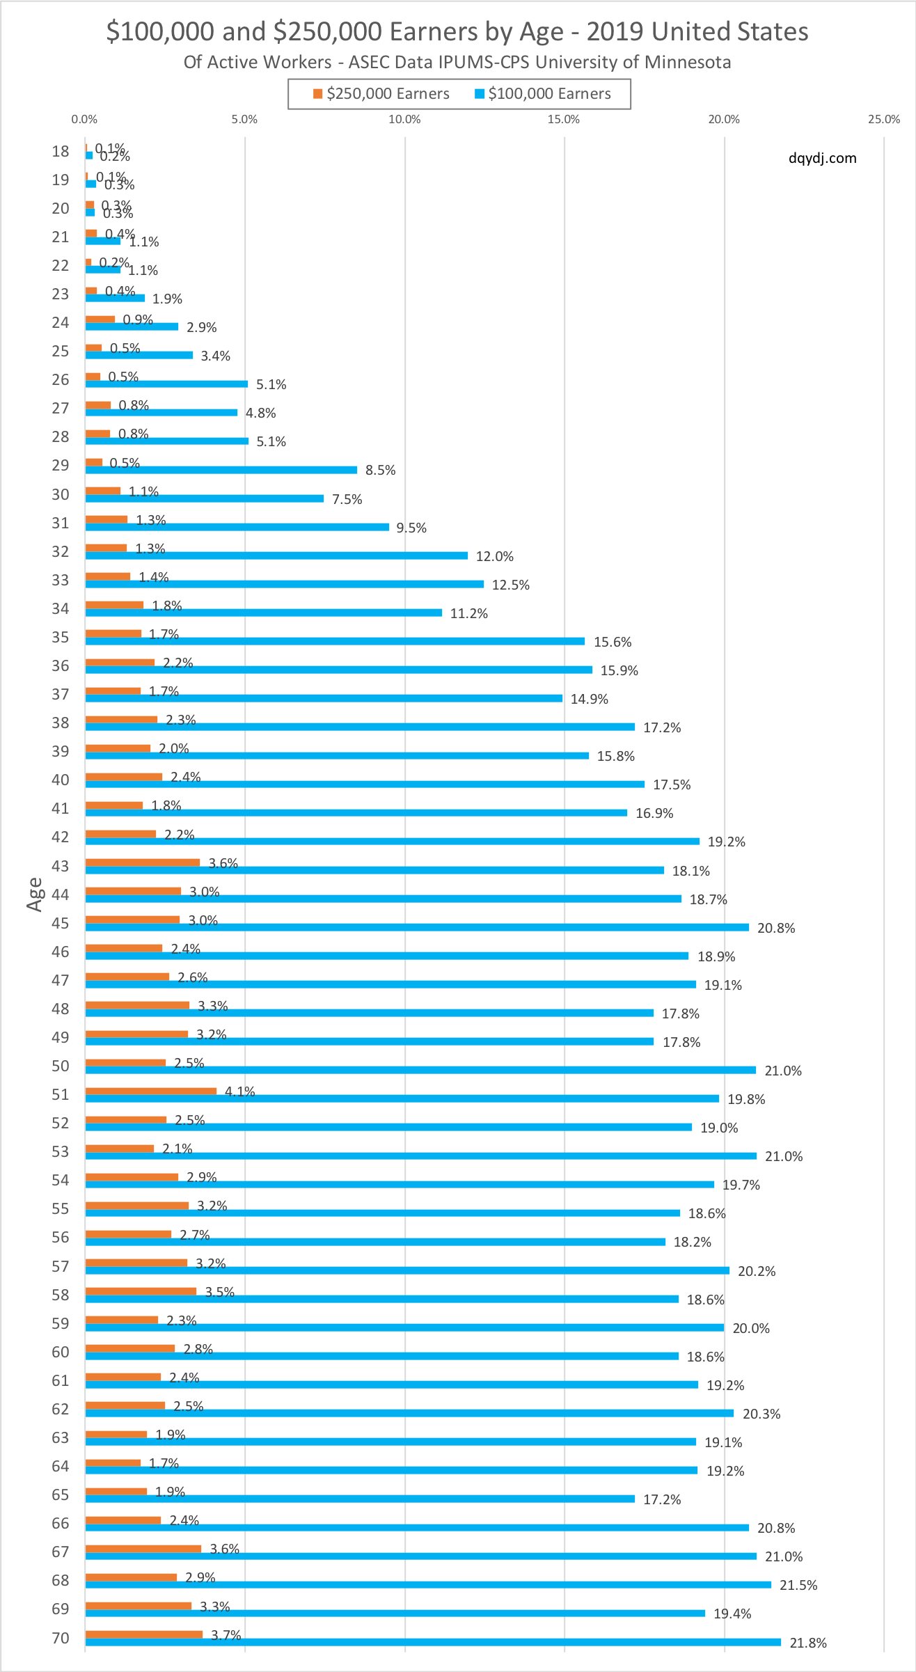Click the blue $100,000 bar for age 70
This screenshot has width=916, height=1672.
433,1642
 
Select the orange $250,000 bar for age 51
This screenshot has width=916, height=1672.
151,1091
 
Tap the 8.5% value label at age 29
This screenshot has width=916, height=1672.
380,471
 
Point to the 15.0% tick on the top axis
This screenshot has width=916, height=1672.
563,119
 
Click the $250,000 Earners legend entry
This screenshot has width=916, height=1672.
381,94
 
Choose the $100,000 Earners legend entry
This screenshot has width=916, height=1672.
543,94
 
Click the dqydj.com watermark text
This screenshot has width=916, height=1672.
822,158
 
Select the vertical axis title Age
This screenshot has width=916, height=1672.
34,894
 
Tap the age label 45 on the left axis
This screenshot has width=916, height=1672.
61,923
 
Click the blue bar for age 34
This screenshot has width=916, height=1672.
264,613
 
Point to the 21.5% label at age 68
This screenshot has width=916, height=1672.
798,1585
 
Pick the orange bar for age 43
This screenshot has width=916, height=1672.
143,862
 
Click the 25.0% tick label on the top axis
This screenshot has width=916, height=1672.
883,119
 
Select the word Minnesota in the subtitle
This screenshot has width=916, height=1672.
689,63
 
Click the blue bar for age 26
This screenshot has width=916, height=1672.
166,384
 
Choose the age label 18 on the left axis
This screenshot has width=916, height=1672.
61,151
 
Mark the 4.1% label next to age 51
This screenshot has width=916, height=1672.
239,1091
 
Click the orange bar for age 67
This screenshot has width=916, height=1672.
143,1548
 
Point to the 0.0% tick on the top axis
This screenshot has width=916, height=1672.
84,119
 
